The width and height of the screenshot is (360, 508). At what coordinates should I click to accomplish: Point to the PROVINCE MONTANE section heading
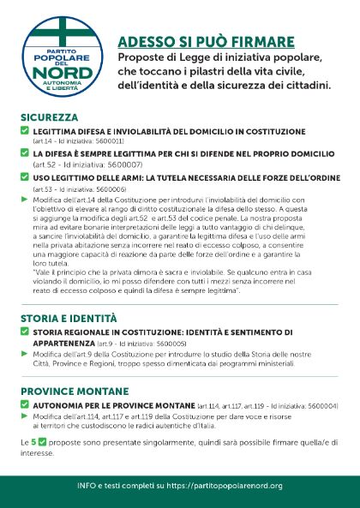pyautogui.click(x=66, y=390)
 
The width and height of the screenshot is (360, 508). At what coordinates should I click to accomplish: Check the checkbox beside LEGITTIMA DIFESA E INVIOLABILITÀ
pyautogui.click(x=25, y=131)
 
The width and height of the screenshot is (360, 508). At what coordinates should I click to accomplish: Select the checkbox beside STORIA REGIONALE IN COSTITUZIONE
pyautogui.click(x=25, y=332)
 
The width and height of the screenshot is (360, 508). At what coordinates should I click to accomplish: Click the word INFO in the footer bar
pyautogui.click(x=87, y=486)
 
